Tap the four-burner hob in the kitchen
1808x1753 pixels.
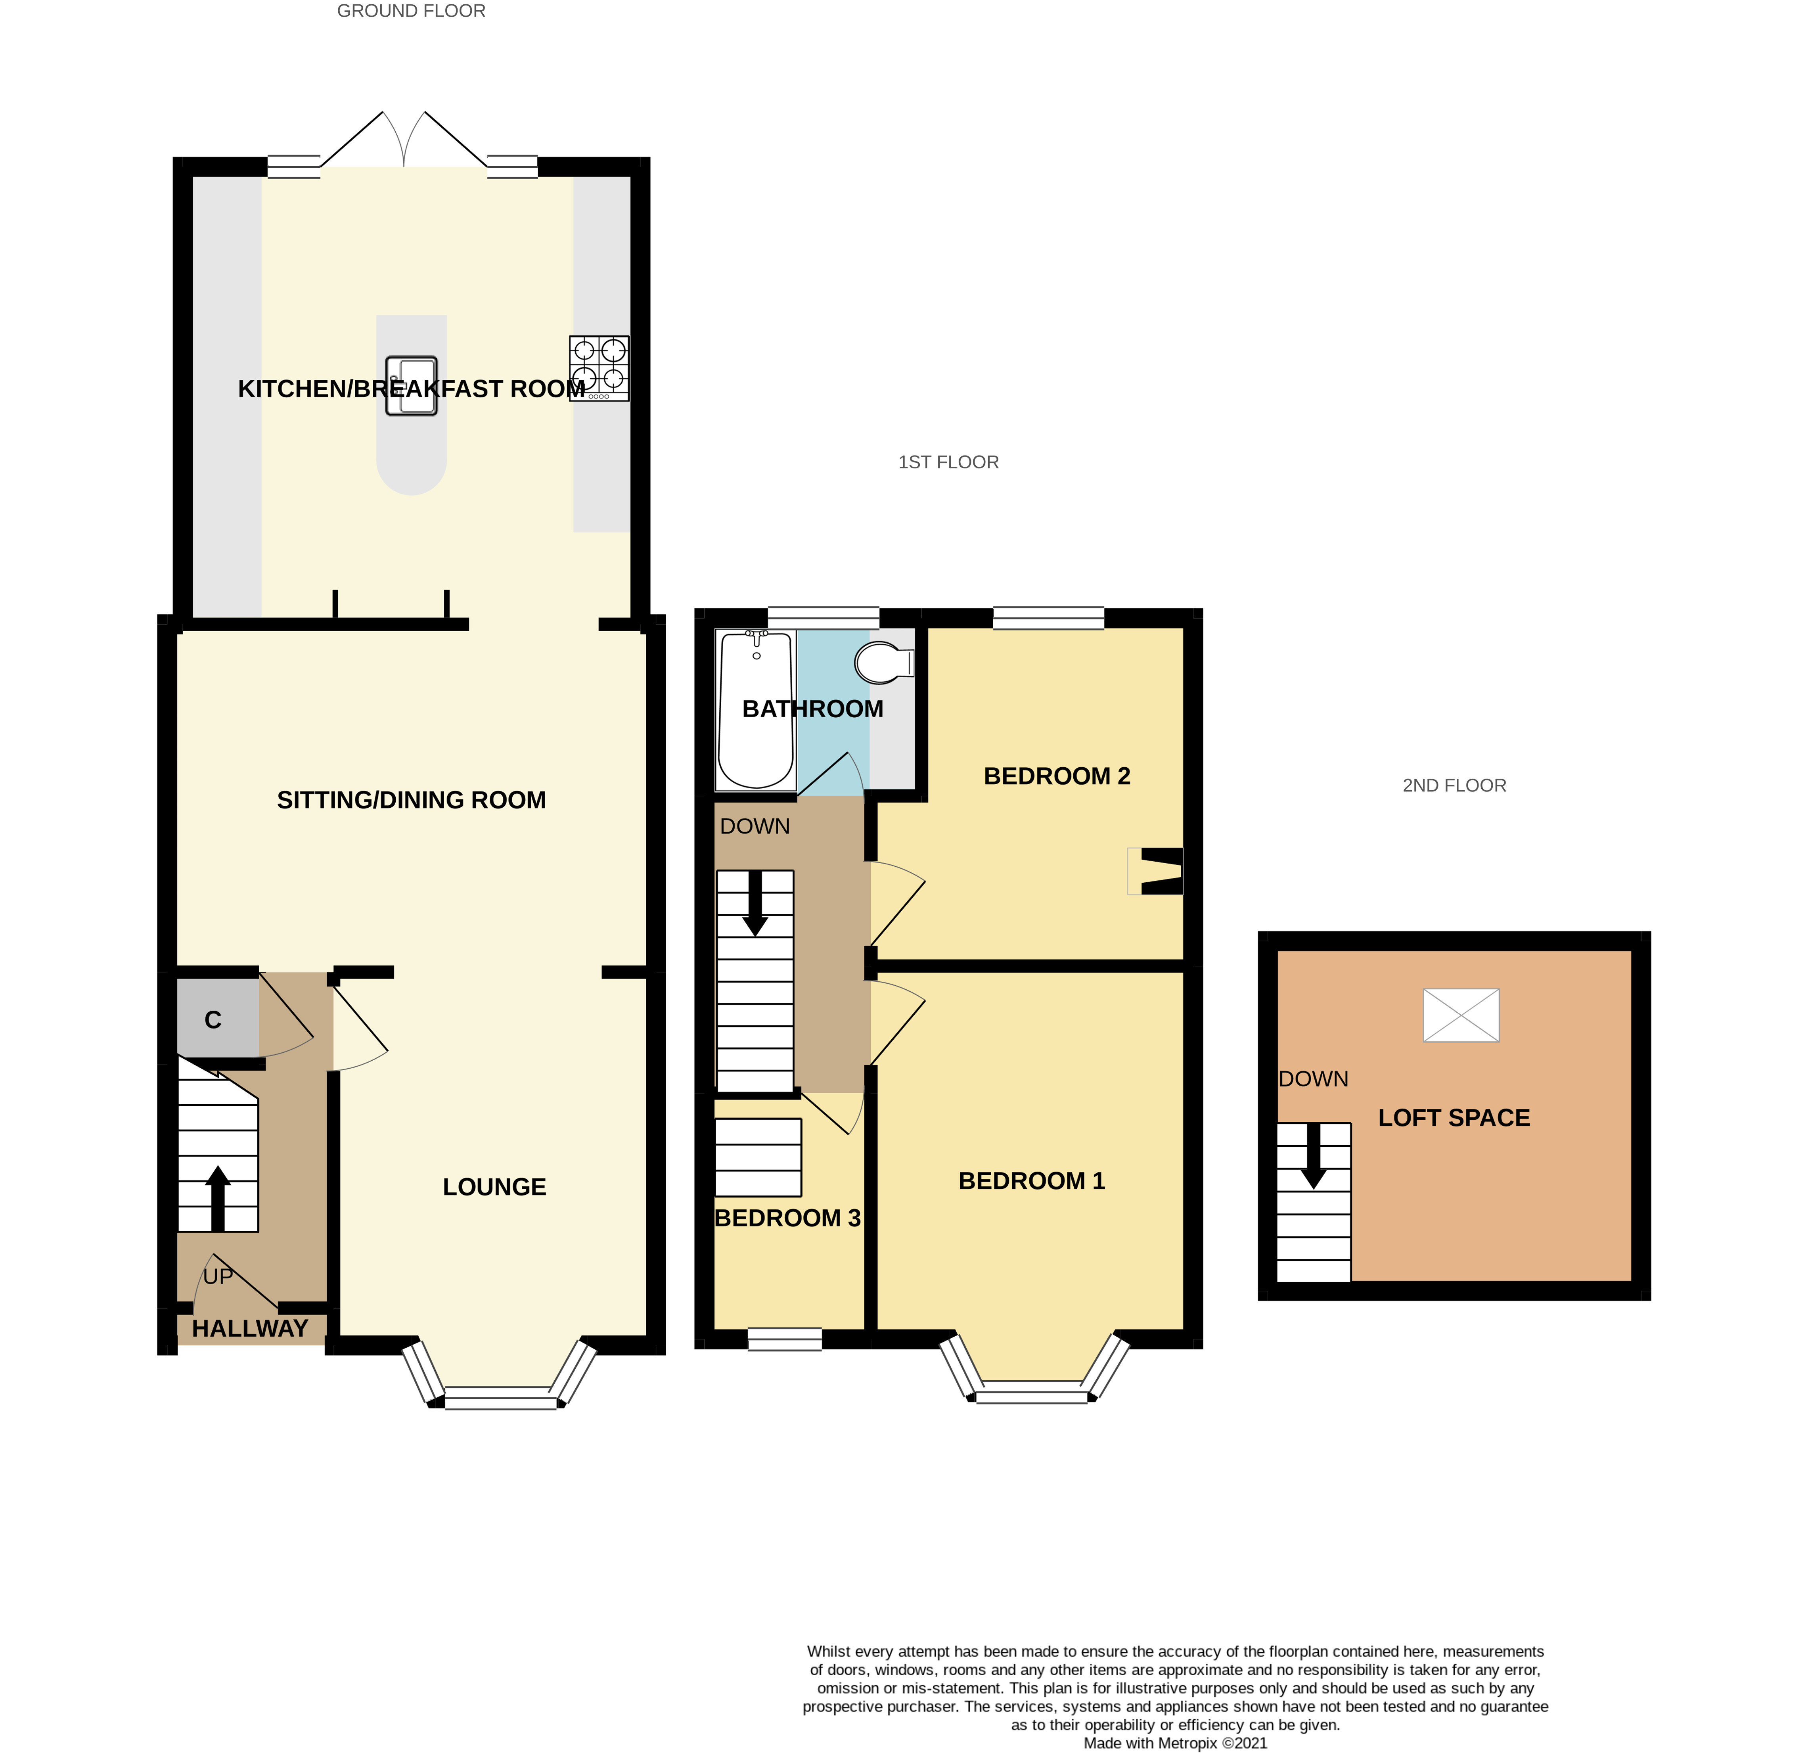click(599, 368)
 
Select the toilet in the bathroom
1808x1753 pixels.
click(885, 663)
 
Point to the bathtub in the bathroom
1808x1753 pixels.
click(755, 709)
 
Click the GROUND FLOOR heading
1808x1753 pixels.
click(412, 11)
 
